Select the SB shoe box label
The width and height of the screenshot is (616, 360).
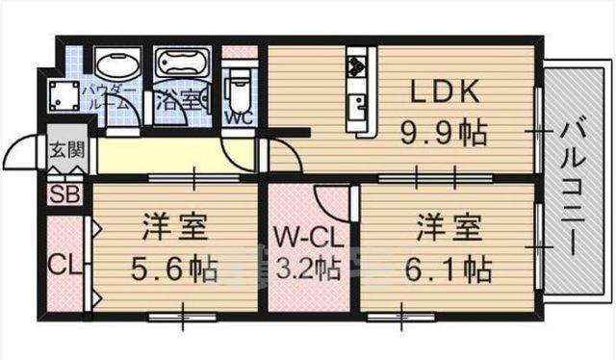(64, 193)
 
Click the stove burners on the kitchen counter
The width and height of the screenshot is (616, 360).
(358, 65)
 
